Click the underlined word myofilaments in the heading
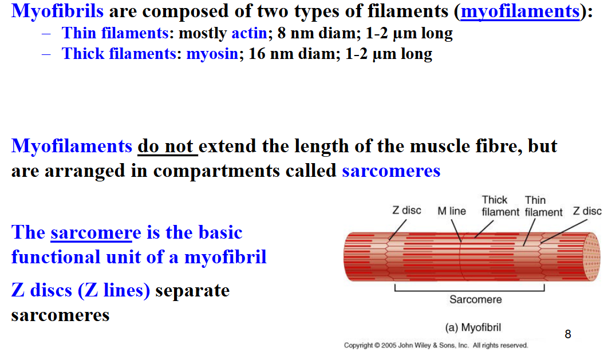click(520, 11)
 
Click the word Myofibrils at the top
click(57, 11)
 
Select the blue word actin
click(249, 34)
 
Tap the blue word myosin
click(212, 54)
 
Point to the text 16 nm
click(271, 54)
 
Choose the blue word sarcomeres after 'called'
click(391, 171)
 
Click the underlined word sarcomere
click(96, 232)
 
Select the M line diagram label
click(452, 211)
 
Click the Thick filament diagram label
click(500, 206)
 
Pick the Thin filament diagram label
click(543, 207)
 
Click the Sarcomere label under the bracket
click(475, 299)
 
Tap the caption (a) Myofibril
click(473, 327)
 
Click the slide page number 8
click(568, 334)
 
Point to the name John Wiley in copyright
click(414, 345)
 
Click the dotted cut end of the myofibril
click(591, 257)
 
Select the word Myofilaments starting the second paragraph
click(72, 147)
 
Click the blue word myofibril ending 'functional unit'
click(226, 257)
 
